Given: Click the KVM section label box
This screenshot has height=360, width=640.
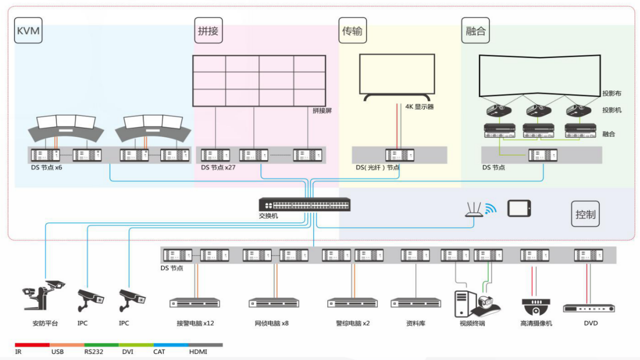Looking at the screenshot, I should click(28, 31).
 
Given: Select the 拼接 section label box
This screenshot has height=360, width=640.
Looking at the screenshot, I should click(207, 31).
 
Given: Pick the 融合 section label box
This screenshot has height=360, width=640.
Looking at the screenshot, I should click(475, 31).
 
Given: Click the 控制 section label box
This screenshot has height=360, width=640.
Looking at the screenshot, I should click(585, 214).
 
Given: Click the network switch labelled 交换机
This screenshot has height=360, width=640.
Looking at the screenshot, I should click(305, 205).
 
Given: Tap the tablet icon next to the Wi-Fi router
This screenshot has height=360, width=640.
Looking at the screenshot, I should click(519, 208).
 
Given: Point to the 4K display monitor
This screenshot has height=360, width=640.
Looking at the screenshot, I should click(397, 76).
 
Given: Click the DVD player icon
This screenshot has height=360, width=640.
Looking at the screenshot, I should click(589, 308).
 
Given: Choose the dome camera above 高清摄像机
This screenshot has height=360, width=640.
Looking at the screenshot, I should click(536, 307).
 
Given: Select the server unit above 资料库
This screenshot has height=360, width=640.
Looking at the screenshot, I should click(416, 303).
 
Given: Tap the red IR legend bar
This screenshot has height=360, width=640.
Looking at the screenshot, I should click(32, 345).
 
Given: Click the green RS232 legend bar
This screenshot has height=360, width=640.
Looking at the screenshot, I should click(101, 345).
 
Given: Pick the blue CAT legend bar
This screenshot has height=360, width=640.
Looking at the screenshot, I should click(170, 345).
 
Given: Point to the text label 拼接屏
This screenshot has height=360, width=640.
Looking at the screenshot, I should click(322, 111).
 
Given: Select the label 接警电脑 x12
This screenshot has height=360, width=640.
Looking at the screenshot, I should click(195, 323).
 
